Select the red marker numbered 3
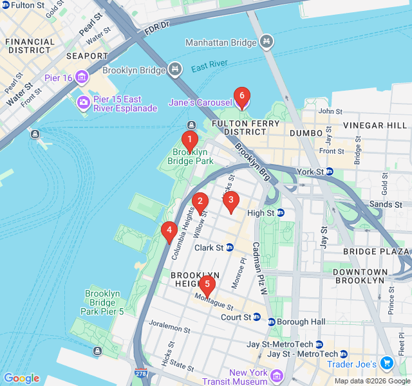click(230, 200)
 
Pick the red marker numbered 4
click(169, 230)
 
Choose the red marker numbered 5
click(206, 284)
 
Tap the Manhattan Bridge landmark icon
click(267, 43)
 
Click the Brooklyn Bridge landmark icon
click(175, 69)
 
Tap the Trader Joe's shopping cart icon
click(386, 363)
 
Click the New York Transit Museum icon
click(277, 375)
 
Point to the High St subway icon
click(281, 213)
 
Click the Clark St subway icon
click(229, 248)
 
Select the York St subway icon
click(328, 172)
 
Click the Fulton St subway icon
click(5, 5)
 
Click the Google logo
click(21, 378)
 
